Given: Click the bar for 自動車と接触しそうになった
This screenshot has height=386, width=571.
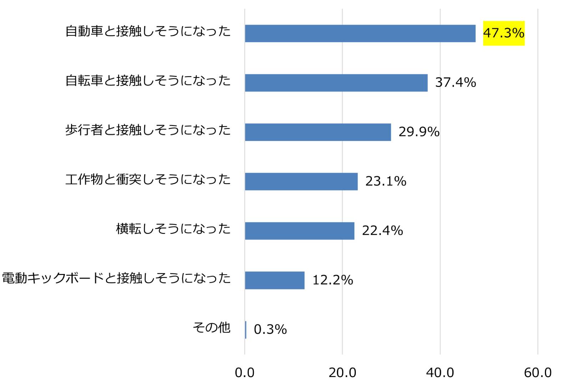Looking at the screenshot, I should point(360,34).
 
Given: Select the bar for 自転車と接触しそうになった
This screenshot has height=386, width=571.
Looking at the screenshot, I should point(336,83).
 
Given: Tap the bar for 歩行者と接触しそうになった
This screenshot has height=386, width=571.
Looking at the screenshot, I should point(318,132).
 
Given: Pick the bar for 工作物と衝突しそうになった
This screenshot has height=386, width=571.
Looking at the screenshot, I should point(301,182).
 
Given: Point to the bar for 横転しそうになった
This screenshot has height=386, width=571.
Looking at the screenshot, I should point(299,231).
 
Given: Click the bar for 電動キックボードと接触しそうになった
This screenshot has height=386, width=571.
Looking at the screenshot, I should point(274,280).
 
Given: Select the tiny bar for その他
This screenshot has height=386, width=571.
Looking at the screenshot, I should point(246,330).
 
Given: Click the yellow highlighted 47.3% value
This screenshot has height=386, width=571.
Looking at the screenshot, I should point(504,33).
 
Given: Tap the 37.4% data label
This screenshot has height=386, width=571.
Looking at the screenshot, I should point(455,82).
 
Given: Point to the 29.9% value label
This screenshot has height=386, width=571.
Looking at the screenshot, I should point(419,132).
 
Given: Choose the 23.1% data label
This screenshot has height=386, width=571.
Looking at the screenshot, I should point(386,181).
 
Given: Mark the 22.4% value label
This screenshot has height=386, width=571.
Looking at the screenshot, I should point(383,231).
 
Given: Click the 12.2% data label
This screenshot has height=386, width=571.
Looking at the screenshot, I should point(333,280).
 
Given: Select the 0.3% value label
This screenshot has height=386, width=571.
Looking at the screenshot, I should point(270,330).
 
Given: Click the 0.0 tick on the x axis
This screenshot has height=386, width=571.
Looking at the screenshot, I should point(244,373).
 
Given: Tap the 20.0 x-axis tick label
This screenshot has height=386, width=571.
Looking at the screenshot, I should point(342,373).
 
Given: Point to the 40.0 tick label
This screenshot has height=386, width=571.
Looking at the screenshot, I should point(440,373).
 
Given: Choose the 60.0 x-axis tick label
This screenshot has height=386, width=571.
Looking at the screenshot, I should point(538,373).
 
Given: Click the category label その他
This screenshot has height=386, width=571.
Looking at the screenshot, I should point(212,327).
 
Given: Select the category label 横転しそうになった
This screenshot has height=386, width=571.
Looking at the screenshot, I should point(173,229).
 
